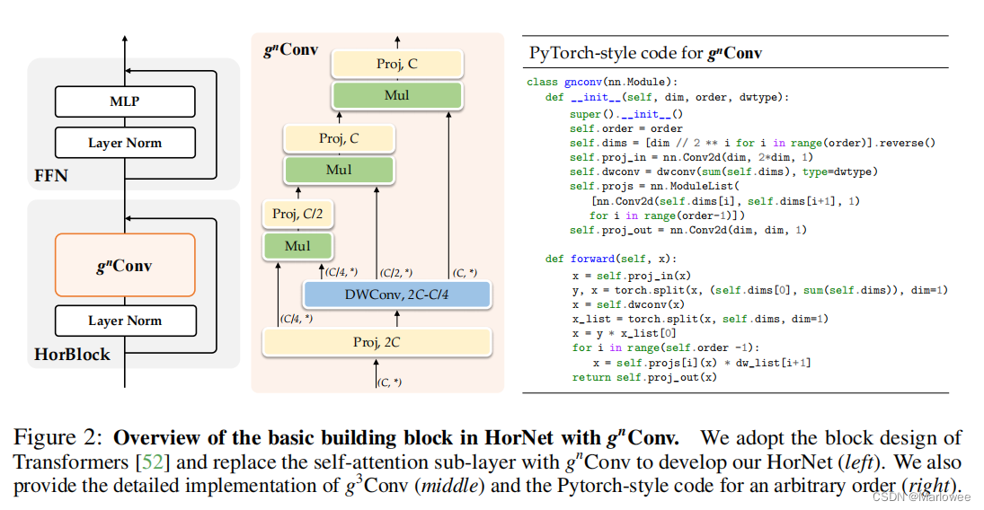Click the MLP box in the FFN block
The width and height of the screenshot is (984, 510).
click(x=125, y=102)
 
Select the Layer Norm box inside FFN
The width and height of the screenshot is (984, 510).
click(x=125, y=143)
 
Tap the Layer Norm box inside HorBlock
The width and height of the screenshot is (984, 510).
click(x=125, y=321)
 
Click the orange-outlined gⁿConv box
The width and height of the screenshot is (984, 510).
click(x=125, y=265)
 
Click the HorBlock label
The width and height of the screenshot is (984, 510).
click(x=72, y=354)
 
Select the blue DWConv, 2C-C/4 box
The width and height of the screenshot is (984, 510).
click(x=395, y=295)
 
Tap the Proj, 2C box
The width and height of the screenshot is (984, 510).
click(x=377, y=342)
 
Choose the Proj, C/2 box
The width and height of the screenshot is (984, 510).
click(x=297, y=214)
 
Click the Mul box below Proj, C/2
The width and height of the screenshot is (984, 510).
click(x=297, y=246)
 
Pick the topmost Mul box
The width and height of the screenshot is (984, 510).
click(x=396, y=95)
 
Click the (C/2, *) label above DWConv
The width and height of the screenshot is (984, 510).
click(x=395, y=272)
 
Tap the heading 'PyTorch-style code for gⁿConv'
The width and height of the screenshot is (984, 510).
click(x=645, y=53)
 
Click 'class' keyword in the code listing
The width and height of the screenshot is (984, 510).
click(x=541, y=82)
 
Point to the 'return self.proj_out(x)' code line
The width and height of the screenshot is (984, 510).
click(x=644, y=377)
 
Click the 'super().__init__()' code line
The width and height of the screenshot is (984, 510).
click(x=625, y=114)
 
